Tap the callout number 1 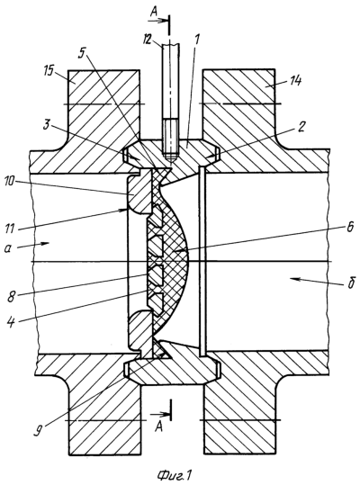[197, 40]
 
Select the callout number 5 [81, 53]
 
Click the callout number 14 [295, 81]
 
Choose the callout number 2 [302, 127]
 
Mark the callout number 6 [349, 227]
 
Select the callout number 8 [12, 297]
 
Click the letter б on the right [350, 283]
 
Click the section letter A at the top [154, 13]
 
